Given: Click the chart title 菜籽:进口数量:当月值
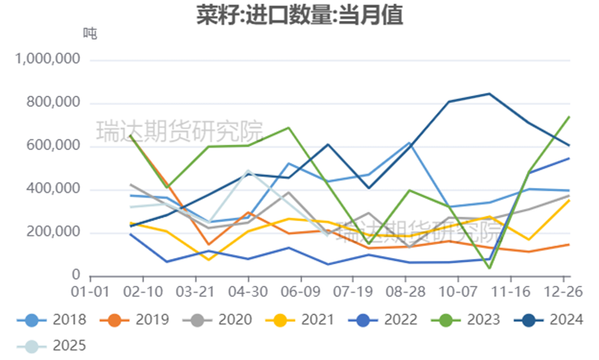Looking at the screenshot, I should (299, 15).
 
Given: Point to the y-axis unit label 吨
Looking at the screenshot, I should (90, 33).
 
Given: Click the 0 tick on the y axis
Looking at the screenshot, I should (76, 276).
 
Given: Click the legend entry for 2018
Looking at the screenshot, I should (52, 320).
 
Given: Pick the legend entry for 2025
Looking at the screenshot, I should (52, 345).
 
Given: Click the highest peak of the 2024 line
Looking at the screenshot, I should (489, 94).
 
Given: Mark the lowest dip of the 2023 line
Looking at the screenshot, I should (489, 268).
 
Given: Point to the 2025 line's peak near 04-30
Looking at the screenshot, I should (249, 171).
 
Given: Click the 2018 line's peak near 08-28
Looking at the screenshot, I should (410, 143).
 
